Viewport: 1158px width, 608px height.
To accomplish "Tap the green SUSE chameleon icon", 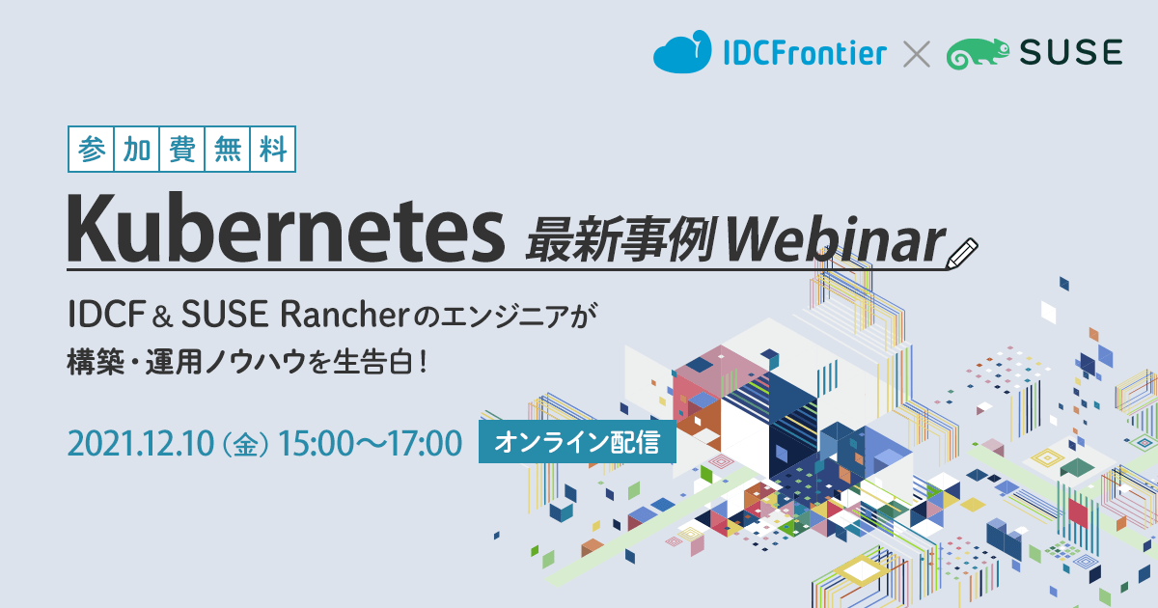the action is click(978, 53).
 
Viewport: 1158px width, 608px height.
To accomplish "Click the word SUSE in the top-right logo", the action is click(1071, 52).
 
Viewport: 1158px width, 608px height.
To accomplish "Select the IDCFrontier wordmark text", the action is click(805, 53).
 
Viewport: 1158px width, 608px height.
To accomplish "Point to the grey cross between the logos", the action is click(917, 54).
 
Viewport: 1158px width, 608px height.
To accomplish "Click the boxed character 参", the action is click(92, 150).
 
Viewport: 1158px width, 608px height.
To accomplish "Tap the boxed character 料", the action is click(273, 150).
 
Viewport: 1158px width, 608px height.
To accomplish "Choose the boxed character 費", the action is click(182, 150).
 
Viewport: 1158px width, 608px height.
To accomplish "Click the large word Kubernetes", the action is click(286, 228).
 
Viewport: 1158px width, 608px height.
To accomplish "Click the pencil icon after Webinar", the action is click(961, 253).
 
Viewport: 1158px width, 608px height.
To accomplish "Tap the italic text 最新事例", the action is click(620, 239).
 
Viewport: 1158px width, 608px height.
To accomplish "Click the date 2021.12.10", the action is click(141, 443).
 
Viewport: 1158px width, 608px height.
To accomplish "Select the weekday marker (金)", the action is click(245, 444).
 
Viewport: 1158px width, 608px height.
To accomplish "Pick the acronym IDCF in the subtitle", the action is click(106, 315).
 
